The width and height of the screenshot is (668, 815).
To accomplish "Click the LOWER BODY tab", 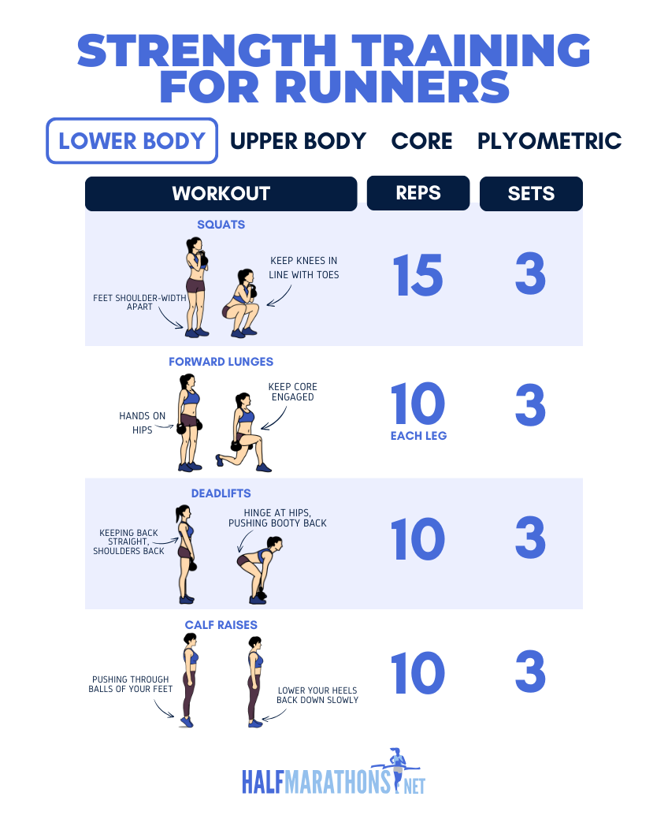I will point(132,141).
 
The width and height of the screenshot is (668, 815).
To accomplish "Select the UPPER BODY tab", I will point(298,141).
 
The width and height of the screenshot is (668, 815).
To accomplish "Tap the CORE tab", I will point(421,141).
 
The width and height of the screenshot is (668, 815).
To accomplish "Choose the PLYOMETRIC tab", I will point(549,141).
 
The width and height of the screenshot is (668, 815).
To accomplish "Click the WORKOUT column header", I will point(221,193).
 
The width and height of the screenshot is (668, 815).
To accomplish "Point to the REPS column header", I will point(418,192).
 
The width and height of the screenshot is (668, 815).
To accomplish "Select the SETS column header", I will point(531,193).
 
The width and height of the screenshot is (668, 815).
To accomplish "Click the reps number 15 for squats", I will point(418,275).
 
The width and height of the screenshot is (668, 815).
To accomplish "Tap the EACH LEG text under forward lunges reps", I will point(418,435).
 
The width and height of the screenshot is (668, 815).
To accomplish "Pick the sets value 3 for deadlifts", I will point(530,539).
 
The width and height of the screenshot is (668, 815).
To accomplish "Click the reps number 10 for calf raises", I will point(418,672).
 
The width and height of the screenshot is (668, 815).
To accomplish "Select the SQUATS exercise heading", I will point(221,225).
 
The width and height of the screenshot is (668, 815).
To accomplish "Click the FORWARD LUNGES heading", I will point(221,362).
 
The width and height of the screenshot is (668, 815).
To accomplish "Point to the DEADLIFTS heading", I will point(221,493).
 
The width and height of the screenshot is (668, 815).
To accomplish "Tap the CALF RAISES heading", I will point(221,625).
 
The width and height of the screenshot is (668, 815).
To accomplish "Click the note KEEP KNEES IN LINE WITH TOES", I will point(303,267).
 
